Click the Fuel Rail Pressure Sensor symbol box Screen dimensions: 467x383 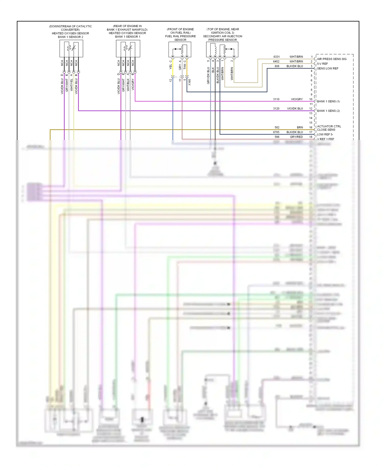point(180,50)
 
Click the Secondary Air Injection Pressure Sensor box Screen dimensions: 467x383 point(222,50)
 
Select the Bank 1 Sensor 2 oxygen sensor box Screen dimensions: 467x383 point(71,49)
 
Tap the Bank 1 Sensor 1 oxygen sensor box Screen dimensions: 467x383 point(128,49)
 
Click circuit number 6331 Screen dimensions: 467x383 point(277,57)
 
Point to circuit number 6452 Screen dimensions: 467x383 point(276,62)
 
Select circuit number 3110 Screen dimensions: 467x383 point(276,99)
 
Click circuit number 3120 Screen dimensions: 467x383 point(276,109)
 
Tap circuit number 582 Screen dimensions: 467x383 point(277,127)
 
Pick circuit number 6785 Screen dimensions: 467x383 point(276,132)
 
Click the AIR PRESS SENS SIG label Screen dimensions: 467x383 point(332,59)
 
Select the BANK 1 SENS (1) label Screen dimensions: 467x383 point(328,101)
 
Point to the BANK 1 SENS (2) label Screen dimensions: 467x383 point(328,111)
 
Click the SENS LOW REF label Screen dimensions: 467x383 point(328,68)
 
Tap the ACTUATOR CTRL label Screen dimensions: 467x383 point(329,126)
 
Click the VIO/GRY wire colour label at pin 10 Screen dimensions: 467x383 point(297,99)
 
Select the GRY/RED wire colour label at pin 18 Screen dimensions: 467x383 point(296,137)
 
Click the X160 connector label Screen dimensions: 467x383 point(189,82)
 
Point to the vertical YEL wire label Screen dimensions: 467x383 point(171,67)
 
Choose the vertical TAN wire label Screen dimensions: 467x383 point(185,67)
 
